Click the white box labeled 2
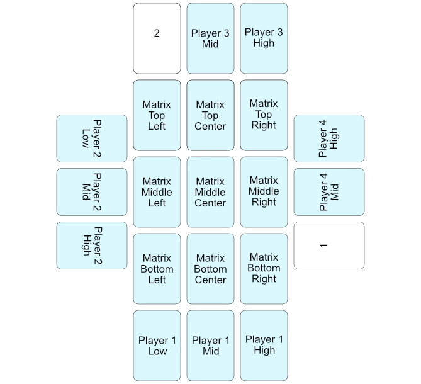[x=157, y=38]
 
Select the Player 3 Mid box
[x=210, y=38]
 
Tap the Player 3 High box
[x=264, y=38]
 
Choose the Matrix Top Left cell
[x=157, y=115]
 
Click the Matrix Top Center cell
[x=210, y=115]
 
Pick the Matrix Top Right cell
[x=264, y=115]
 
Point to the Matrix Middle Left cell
[x=157, y=192]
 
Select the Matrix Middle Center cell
[x=210, y=192]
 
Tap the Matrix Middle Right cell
[x=264, y=192]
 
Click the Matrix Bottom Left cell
[x=157, y=269]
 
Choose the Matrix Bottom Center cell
[x=210, y=269]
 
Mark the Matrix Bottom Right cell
[x=264, y=269]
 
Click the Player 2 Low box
[x=92, y=138]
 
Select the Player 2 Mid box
[x=92, y=191]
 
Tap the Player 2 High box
[x=92, y=246]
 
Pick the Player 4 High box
[x=329, y=138]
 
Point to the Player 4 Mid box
[x=329, y=191]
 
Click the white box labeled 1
[x=329, y=246]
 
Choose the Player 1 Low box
[x=157, y=346]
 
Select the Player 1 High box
[x=264, y=346]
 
